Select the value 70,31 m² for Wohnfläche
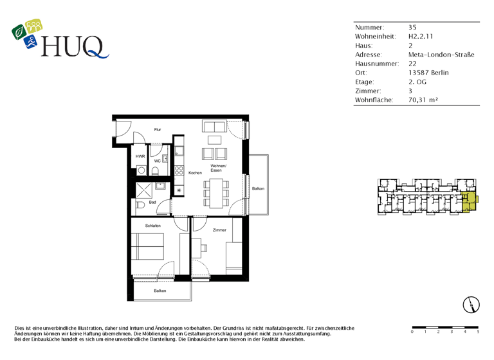point(426,100)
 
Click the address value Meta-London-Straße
point(441,55)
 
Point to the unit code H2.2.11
point(421,37)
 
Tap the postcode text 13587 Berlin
point(428,73)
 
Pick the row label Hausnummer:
point(377,64)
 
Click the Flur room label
point(158,130)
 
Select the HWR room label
point(140,156)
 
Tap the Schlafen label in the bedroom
point(152,226)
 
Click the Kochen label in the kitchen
point(195,173)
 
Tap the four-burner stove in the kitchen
point(179,170)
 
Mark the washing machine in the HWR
point(141,170)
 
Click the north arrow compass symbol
point(471,304)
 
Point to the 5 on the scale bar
point(478,332)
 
